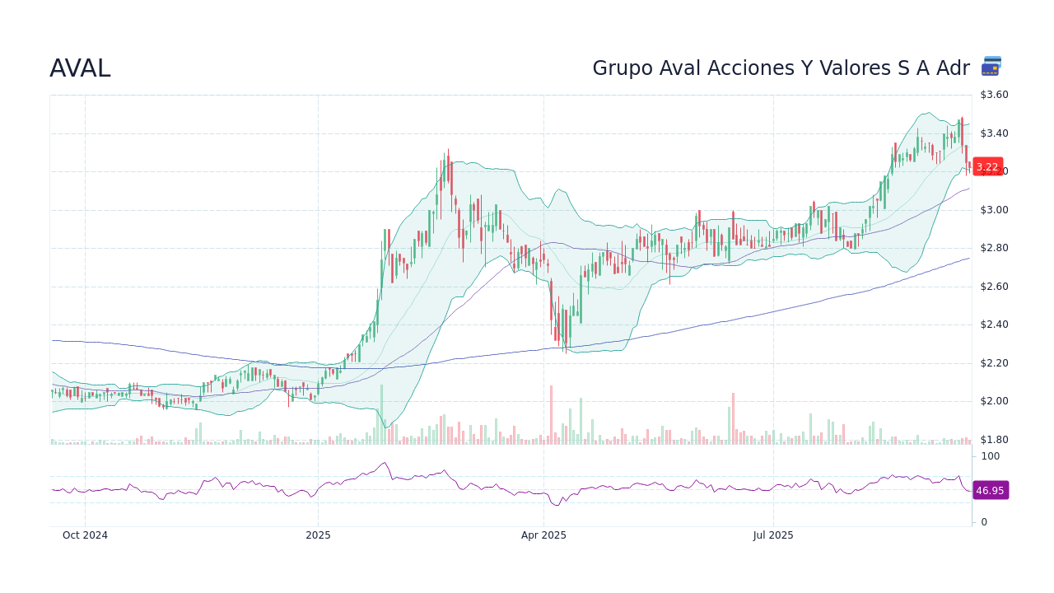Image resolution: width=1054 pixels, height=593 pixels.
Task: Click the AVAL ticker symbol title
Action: pos(80,69)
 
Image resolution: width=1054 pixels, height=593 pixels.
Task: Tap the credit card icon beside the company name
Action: pos(991,67)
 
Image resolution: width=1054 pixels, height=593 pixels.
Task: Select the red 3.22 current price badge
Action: pos(987,166)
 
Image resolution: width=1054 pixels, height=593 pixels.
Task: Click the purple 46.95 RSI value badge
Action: pos(990,490)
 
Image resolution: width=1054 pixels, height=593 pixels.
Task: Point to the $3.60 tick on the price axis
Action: pos(995,95)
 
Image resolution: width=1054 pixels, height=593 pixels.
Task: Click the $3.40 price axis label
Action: pos(995,133)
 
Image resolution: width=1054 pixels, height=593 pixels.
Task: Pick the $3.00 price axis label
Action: pos(995,210)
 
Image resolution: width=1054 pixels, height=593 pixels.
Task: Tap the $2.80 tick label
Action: pos(995,248)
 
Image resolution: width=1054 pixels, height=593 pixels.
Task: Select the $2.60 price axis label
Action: pos(995,287)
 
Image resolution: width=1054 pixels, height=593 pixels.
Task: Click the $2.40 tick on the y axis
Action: pos(995,325)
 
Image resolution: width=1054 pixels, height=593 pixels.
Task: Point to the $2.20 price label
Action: pos(995,363)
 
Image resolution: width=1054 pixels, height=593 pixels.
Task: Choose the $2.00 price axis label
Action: pos(995,401)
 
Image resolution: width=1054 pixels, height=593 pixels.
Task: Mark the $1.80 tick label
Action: pos(995,440)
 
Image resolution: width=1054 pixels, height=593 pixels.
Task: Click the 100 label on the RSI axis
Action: pos(990,456)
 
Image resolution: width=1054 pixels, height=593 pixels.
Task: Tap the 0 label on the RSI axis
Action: pos(984,522)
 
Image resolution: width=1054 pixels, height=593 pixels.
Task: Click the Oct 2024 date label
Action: pos(85,535)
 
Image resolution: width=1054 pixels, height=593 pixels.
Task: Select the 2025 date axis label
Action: pos(318,535)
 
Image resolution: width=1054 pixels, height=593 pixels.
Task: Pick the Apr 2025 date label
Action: pos(543,535)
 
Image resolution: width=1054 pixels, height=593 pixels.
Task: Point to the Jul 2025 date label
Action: pos(773,535)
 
